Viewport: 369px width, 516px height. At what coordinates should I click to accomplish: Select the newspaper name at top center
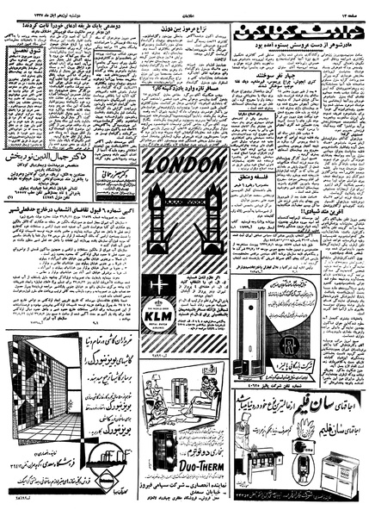tap(183, 7)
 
